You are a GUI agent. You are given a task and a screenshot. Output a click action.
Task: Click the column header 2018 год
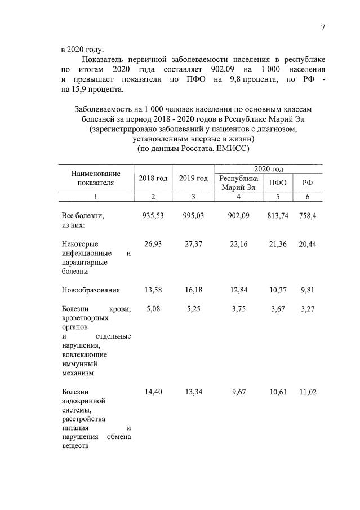(x=153, y=179)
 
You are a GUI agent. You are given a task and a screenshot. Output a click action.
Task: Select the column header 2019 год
(x=193, y=179)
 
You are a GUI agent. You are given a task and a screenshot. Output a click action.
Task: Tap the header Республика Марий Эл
(x=238, y=183)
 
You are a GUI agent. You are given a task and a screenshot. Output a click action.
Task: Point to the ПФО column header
(x=277, y=183)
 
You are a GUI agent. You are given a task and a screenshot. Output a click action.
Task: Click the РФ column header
(x=308, y=183)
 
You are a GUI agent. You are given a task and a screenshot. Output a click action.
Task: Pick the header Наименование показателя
(x=95, y=179)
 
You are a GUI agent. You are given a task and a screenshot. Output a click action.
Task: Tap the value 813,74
(x=277, y=216)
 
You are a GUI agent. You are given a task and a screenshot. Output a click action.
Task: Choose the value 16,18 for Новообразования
(x=193, y=290)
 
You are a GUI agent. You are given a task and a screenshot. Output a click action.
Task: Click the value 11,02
(x=308, y=392)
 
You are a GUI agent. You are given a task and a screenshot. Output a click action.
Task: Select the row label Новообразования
(x=91, y=290)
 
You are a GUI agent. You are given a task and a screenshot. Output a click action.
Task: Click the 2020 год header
(x=268, y=169)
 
